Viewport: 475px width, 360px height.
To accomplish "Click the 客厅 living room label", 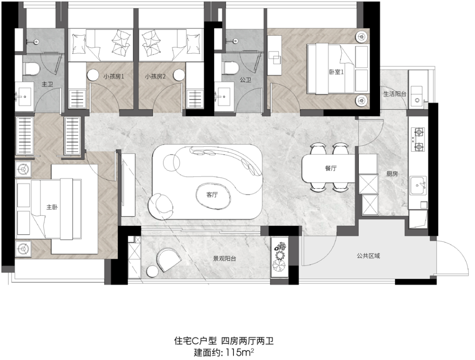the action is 212,195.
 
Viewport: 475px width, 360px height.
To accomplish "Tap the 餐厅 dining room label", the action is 331,168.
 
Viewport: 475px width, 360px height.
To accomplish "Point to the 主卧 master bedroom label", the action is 52,207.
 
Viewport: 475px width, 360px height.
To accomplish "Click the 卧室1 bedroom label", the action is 336,72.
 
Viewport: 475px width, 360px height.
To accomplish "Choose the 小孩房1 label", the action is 113,76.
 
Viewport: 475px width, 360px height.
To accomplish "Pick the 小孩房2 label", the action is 155,76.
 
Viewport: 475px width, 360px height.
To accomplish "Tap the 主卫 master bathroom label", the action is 47,84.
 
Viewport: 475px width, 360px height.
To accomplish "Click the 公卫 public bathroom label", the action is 245,80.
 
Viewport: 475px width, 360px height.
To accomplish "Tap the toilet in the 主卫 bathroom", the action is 31,69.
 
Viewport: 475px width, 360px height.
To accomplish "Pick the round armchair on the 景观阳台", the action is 168,259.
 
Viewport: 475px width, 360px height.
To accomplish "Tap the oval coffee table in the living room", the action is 212,195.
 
